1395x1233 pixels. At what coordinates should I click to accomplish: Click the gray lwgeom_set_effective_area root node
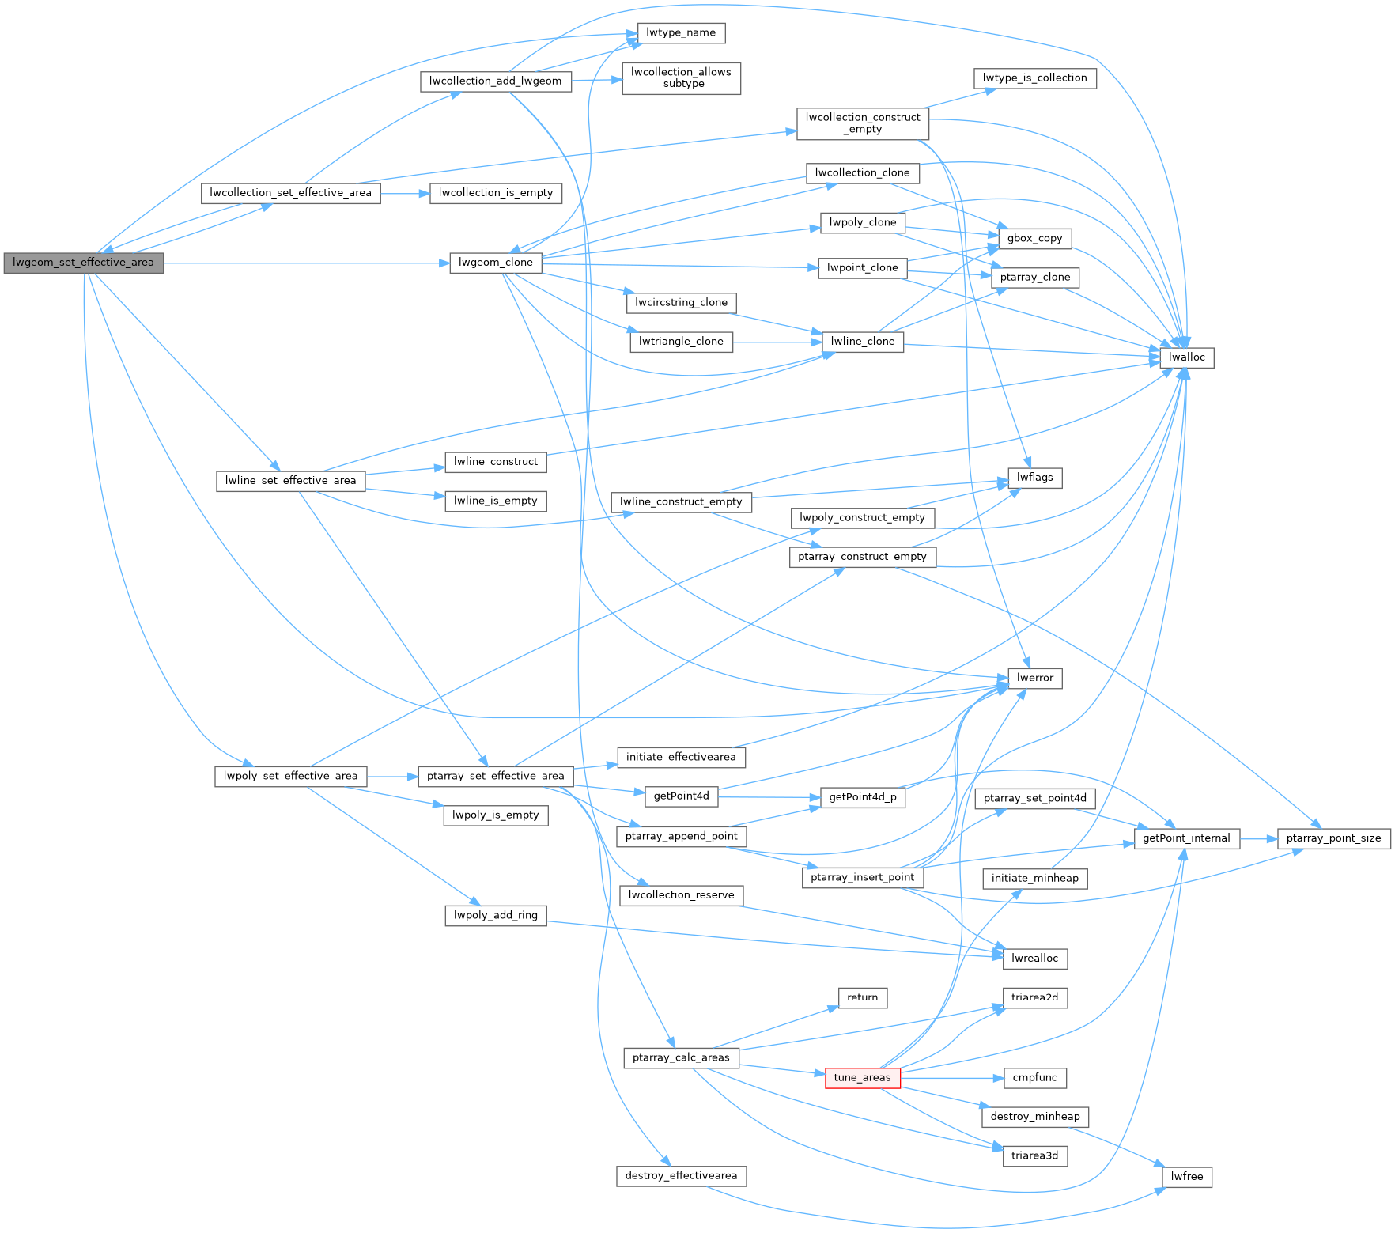tap(83, 263)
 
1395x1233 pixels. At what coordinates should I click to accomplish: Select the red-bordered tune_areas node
tap(862, 1078)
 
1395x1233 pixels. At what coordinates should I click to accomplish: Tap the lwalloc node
tap(1186, 357)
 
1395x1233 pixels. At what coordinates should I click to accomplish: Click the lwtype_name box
tap(680, 33)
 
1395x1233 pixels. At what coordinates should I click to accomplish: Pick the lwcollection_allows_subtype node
tap(681, 78)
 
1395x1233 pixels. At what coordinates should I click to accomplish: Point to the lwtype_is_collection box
tap(1034, 78)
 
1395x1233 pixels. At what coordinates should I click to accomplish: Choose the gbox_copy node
tap(1034, 238)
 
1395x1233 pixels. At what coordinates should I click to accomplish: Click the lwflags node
tap(1034, 478)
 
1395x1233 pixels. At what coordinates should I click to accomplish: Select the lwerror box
tap(1034, 679)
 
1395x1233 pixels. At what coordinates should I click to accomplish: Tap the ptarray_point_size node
tap(1333, 838)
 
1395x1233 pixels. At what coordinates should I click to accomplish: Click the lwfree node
tap(1186, 1177)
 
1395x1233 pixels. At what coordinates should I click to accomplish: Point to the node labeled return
tap(862, 998)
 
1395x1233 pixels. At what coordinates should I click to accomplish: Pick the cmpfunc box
tap(1034, 1078)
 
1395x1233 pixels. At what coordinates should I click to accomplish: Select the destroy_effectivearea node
tap(680, 1176)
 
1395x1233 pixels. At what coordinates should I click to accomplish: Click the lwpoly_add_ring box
tap(495, 915)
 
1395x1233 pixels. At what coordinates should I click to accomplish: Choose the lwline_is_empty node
tap(495, 501)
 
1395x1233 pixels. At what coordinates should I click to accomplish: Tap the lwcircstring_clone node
tap(680, 303)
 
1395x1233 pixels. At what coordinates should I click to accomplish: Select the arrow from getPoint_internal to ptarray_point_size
tap(1258, 838)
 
